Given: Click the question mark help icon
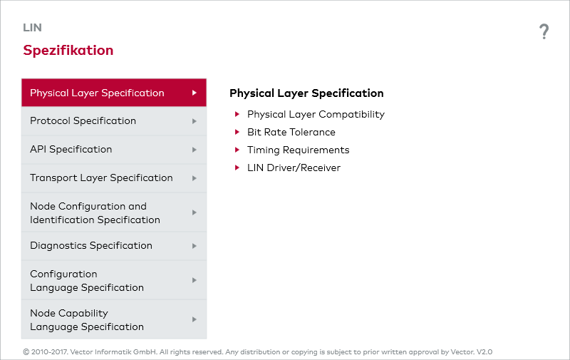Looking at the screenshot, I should point(544,31).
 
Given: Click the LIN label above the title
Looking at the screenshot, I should point(32,28).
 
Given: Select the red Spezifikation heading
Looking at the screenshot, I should point(68,51).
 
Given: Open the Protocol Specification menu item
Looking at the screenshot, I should point(83,121).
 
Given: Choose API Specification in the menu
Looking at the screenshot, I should point(71,150).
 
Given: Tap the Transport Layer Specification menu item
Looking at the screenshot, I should point(101,178).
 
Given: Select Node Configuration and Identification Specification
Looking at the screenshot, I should point(95,213).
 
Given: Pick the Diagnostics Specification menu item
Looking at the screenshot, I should point(91,246).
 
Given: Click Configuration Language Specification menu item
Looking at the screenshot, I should point(87,281).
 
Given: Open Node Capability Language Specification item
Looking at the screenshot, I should point(87,320).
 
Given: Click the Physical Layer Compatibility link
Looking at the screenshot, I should point(316,114).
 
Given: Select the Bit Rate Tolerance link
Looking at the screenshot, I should point(291,132).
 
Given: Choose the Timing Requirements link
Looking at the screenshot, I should point(298,150).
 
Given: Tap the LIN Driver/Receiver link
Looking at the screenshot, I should point(294,168).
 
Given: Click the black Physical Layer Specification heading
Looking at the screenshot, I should point(306,93).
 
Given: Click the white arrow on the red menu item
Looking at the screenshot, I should point(194,93).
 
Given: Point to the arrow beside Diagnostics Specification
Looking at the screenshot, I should point(194,246).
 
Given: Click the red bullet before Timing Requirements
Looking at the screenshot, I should point(237,150).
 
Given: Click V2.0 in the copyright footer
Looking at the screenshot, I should point(484,352).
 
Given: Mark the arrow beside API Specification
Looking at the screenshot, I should point(194,150).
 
